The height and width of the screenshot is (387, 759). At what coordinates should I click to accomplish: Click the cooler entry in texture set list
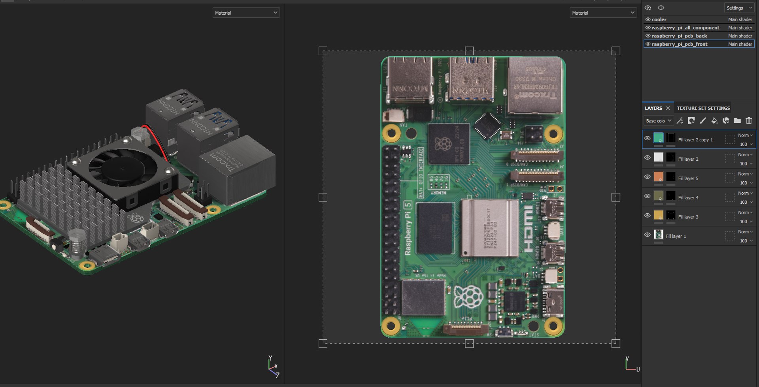coord(659,19)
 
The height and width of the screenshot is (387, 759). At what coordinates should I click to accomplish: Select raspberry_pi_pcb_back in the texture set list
coord(679,36)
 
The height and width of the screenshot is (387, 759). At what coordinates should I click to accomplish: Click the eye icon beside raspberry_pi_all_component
coord(648,28)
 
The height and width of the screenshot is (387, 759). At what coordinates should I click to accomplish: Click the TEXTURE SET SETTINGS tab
coord(703,108)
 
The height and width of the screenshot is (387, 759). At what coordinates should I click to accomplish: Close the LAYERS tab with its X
coord(668,108)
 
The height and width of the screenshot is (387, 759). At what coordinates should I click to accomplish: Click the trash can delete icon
coord(749,121)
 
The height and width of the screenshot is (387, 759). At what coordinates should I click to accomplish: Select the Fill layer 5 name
coord(688,178)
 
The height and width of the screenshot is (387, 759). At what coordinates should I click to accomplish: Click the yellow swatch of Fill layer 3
coord(658,215)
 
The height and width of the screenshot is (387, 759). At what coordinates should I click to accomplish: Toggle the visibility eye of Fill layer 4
coord(647,196)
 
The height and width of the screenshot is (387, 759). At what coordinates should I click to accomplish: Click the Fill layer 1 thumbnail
coord(658,235)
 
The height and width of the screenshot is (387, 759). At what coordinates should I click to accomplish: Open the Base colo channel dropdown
coord(658,121)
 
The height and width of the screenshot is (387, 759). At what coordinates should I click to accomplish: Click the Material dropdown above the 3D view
coord(246,13)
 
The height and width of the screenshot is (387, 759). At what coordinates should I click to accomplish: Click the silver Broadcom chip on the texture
coord(490,228)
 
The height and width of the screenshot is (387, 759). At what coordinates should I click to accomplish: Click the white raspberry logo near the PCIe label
coord(468,297)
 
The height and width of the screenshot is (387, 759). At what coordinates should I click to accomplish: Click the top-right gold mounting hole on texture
coord(553,134)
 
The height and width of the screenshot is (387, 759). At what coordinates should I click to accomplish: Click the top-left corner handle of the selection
coord(323,51)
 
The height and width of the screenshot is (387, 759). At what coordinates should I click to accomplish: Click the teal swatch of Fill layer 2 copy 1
coord(658,138)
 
